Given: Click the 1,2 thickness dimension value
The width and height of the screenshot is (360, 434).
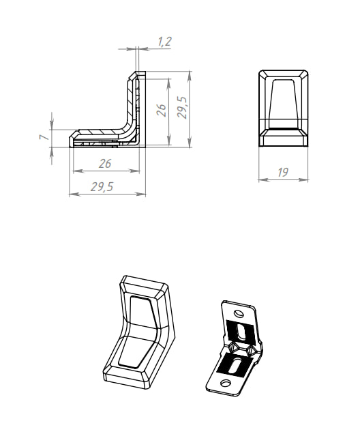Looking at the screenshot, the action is (x=165, y=42).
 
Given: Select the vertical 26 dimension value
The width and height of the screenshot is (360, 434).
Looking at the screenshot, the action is (x=161, y=110).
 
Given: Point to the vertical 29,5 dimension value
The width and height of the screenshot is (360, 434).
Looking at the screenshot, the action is (x=182, y=108).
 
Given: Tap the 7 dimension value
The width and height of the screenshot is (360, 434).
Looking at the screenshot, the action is (x=44, y=137).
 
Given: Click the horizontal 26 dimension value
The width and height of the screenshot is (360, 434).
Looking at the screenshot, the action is (x=105, y=164).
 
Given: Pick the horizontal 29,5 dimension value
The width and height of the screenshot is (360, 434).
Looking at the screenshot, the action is (x=102, y=187).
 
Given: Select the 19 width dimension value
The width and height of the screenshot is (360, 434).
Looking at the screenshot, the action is (x=282, y=172).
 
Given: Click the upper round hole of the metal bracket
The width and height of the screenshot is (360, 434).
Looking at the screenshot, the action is (x=239, y=314).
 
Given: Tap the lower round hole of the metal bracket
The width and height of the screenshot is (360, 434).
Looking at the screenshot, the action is (x=226, y=383).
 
